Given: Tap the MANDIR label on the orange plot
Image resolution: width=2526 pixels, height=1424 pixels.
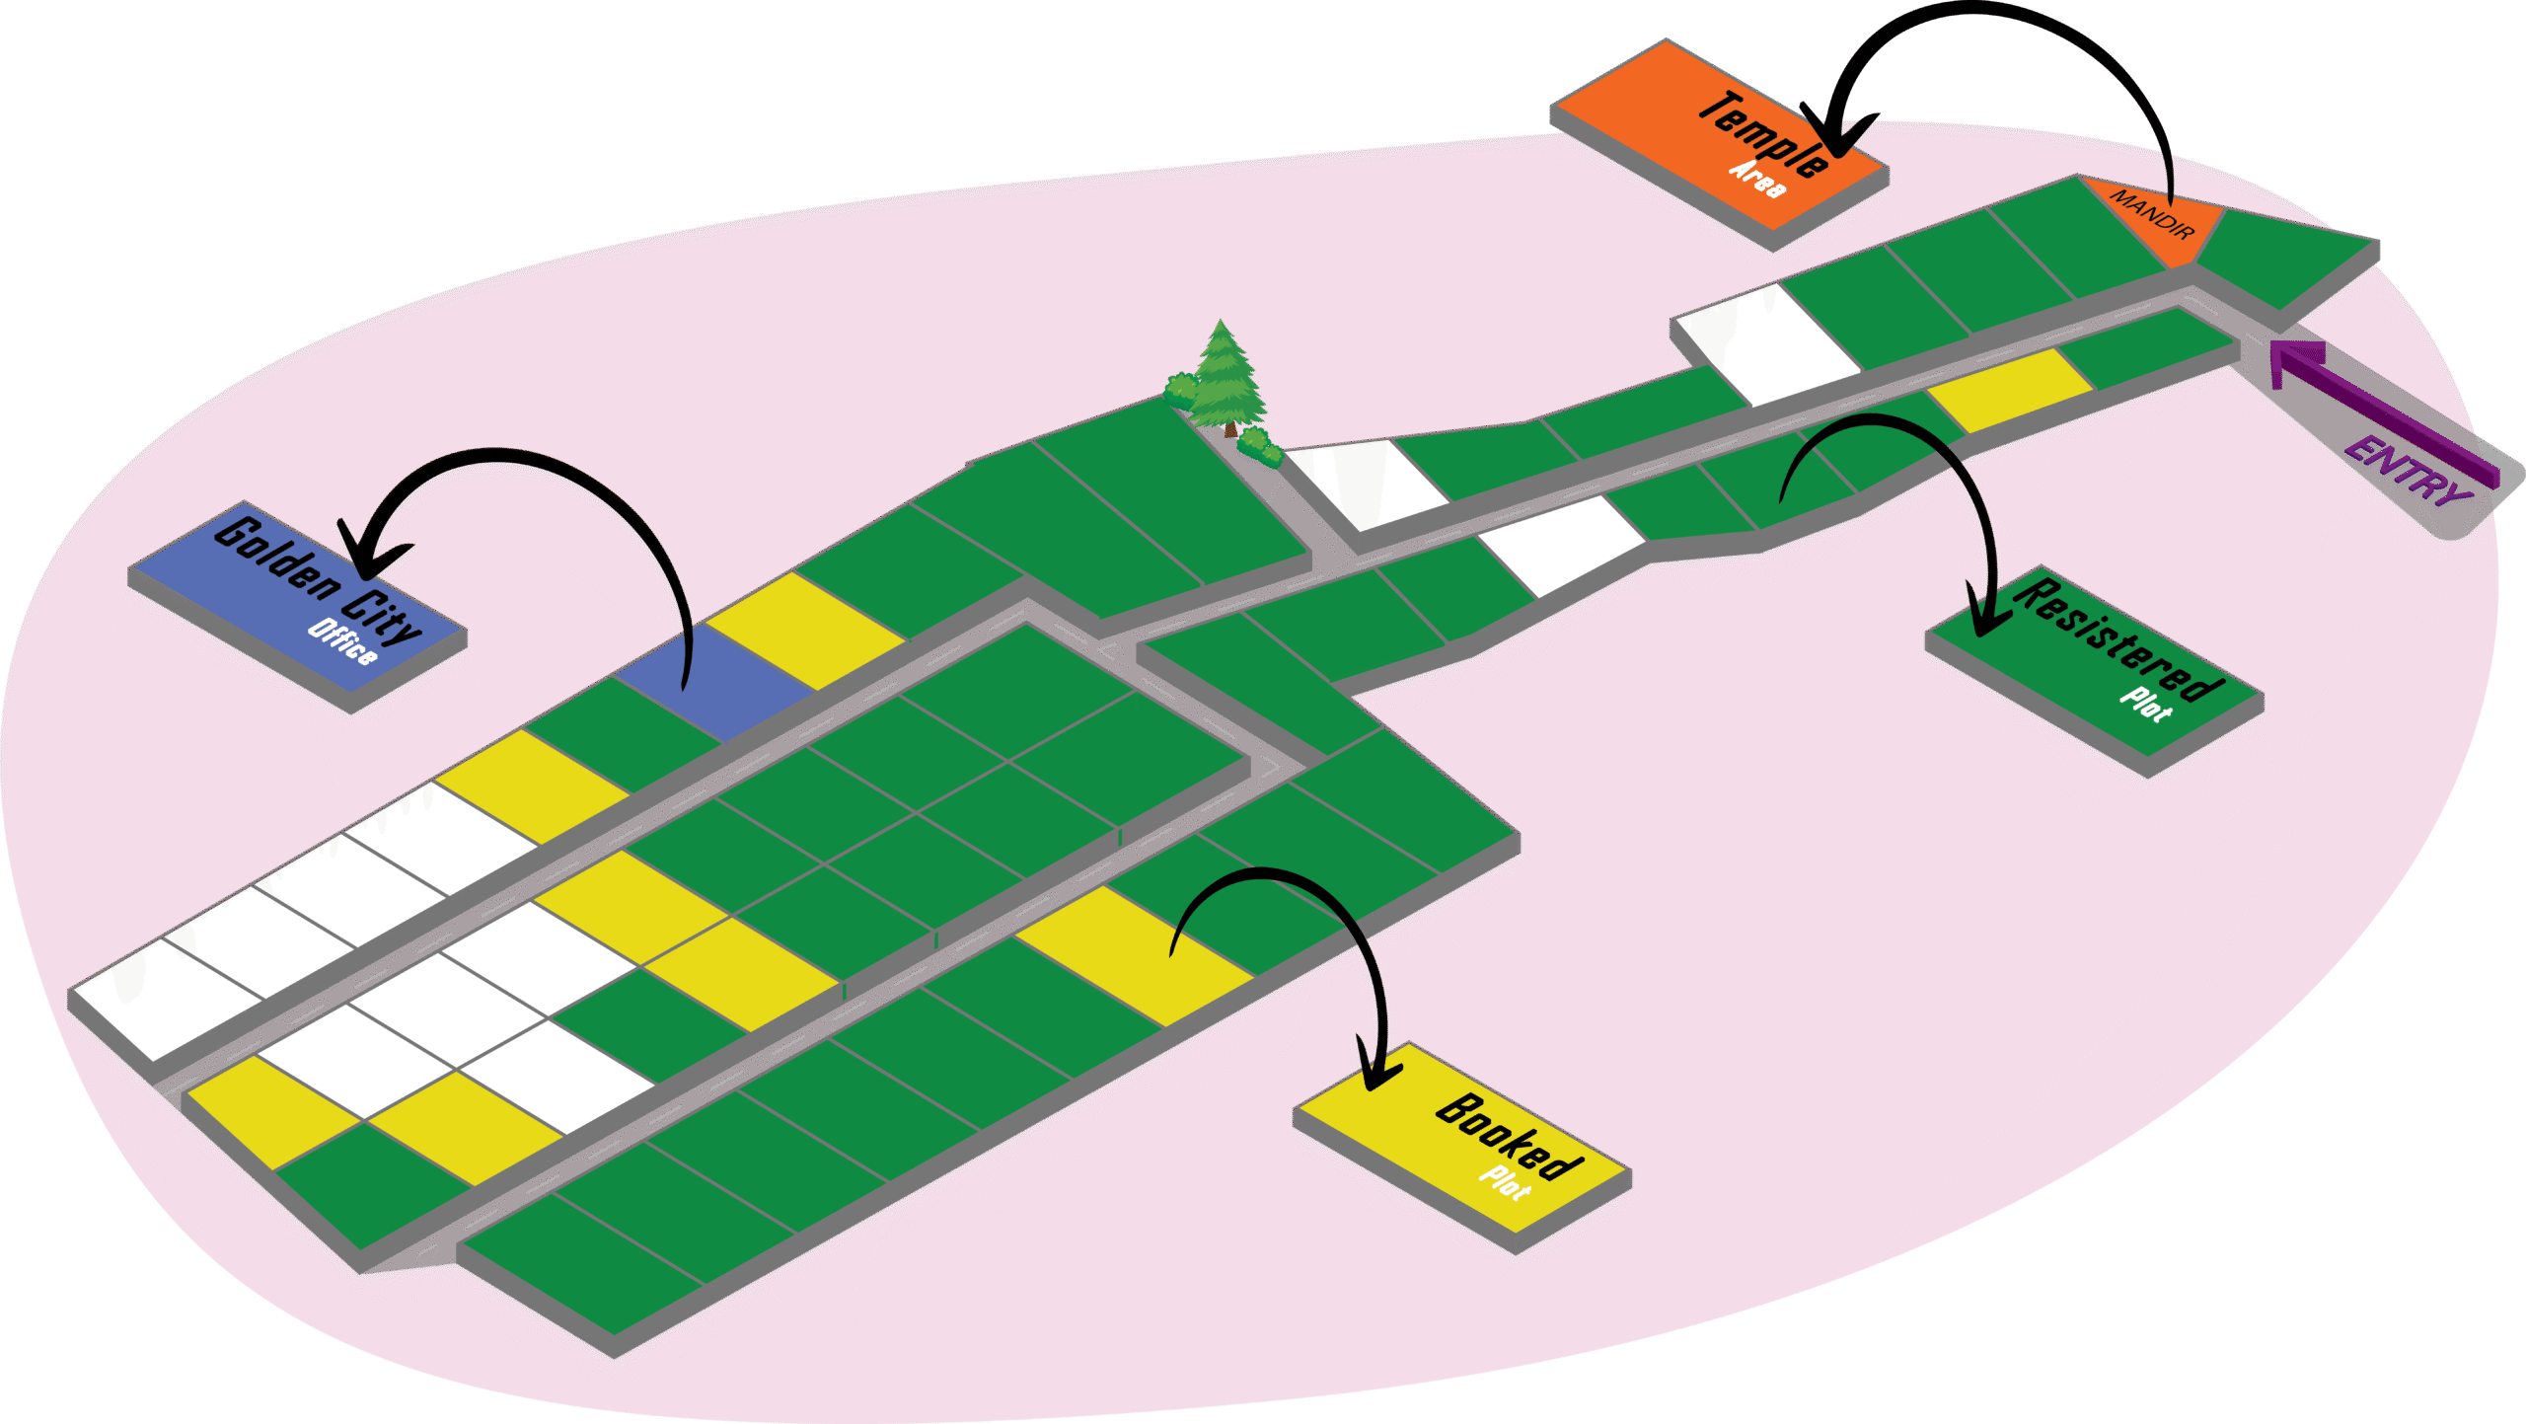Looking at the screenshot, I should tap(2151, 213).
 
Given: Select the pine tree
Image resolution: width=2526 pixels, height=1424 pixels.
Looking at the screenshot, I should tap(1224, 380).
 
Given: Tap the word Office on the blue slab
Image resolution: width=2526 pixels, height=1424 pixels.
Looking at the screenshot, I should tap(341, 642).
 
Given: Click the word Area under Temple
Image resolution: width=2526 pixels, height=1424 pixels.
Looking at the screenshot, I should tap(1757, 179).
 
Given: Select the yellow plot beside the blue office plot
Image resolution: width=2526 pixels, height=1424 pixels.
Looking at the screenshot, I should tap(804, 631).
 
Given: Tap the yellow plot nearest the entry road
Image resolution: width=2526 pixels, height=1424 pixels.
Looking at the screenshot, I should tap(2009, 389).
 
